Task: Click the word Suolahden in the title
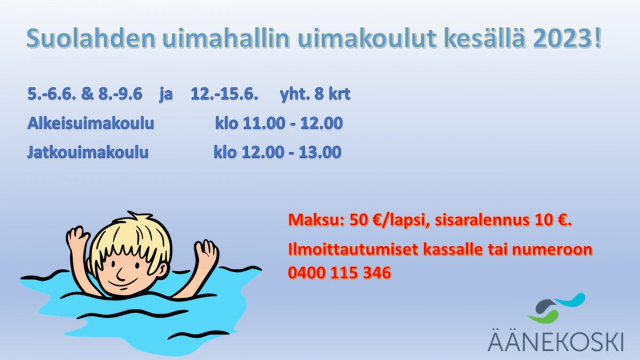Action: point(91,38)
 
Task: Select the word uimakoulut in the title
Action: point(366,38)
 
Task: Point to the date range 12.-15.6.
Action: point(225,94)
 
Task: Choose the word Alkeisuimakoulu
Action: point(91,123)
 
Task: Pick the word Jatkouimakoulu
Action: point(88,152)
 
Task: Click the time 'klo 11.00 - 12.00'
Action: point(279,123)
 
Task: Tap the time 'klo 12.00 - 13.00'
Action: point(277,152)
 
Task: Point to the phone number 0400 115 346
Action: point(339,273)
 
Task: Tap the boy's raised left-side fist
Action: point(78,238)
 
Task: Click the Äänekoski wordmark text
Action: point(556,341)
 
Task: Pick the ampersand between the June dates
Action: point(87,94)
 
